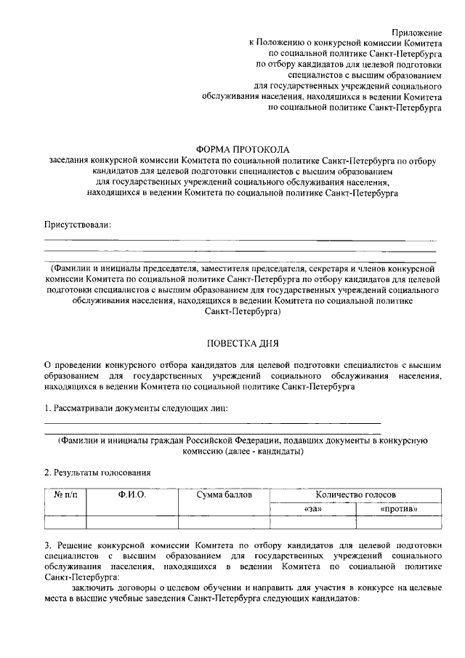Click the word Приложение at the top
[417, 33]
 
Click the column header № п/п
[65, 495]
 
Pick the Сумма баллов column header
[224, 495]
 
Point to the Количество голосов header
[355, 495]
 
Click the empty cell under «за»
[313, 521]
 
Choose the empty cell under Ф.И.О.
[132, 521]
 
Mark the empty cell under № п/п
[65, 521]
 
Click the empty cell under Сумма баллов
[224, 521]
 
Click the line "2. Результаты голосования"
[92, 472]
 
